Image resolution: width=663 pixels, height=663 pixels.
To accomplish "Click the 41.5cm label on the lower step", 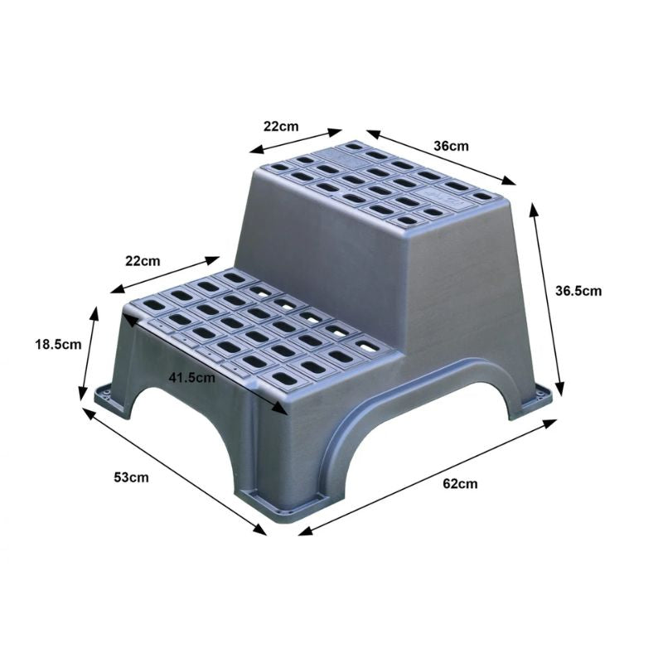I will [191, 377].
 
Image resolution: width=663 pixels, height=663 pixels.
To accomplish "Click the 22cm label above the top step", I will [281, 126].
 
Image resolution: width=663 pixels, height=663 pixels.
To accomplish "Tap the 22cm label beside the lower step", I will [143, 261].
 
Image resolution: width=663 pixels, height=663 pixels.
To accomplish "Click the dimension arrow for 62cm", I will [428, 476].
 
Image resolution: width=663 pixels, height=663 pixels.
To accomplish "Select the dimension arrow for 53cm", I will [174, 468].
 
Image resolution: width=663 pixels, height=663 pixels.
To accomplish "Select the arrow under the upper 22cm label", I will [296, 141].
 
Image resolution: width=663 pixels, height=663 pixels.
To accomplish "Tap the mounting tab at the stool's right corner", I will [540, 399].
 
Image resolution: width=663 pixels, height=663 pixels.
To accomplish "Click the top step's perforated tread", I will [381, 182].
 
